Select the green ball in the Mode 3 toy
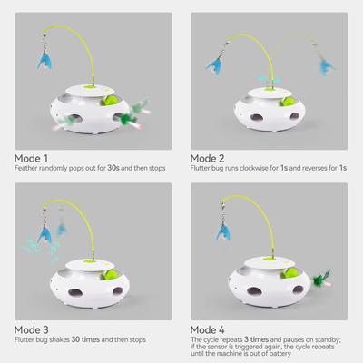point(108,270)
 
